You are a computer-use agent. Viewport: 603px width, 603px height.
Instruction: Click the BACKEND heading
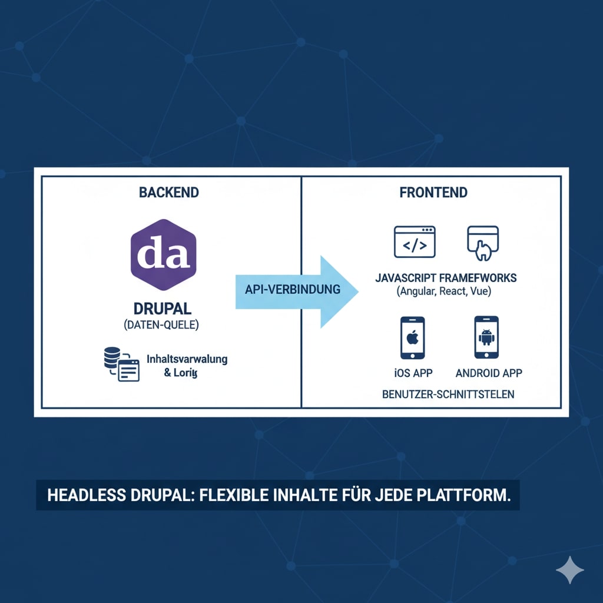pyautogui.click(x=169, y=193)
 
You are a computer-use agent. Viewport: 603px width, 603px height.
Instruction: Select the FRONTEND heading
pyautogui.click(x=433, y=193)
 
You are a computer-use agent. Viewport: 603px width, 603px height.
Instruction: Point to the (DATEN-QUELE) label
pyautogui.click(x=161, y=324)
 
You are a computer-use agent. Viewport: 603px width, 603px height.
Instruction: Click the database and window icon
pyautogui.click(x=121, y=365)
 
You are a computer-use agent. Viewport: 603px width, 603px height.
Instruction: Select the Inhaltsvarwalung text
pyautogui.click(x=186, y=359)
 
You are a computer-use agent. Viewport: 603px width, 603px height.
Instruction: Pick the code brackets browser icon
pyautogui.click(x=415, y=241)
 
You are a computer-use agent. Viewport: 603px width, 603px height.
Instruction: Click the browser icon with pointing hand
pyautogui.click(x=483, y=243)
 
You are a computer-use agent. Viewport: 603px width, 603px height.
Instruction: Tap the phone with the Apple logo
pyautogui.click(x=413, y=337)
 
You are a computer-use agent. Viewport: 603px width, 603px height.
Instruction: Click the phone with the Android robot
pyautogui.click(x=486, y=337)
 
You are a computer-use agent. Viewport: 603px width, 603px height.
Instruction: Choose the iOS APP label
pyautogui.click(x=413, y=373)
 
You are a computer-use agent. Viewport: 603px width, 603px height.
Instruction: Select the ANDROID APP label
pyautogui.click(x=489, y=373)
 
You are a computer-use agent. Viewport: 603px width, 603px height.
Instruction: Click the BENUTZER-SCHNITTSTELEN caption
pyautogui.click(x=448, y=394)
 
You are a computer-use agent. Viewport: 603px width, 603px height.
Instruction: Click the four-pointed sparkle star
pyautogui.click(x=570, y=569)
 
